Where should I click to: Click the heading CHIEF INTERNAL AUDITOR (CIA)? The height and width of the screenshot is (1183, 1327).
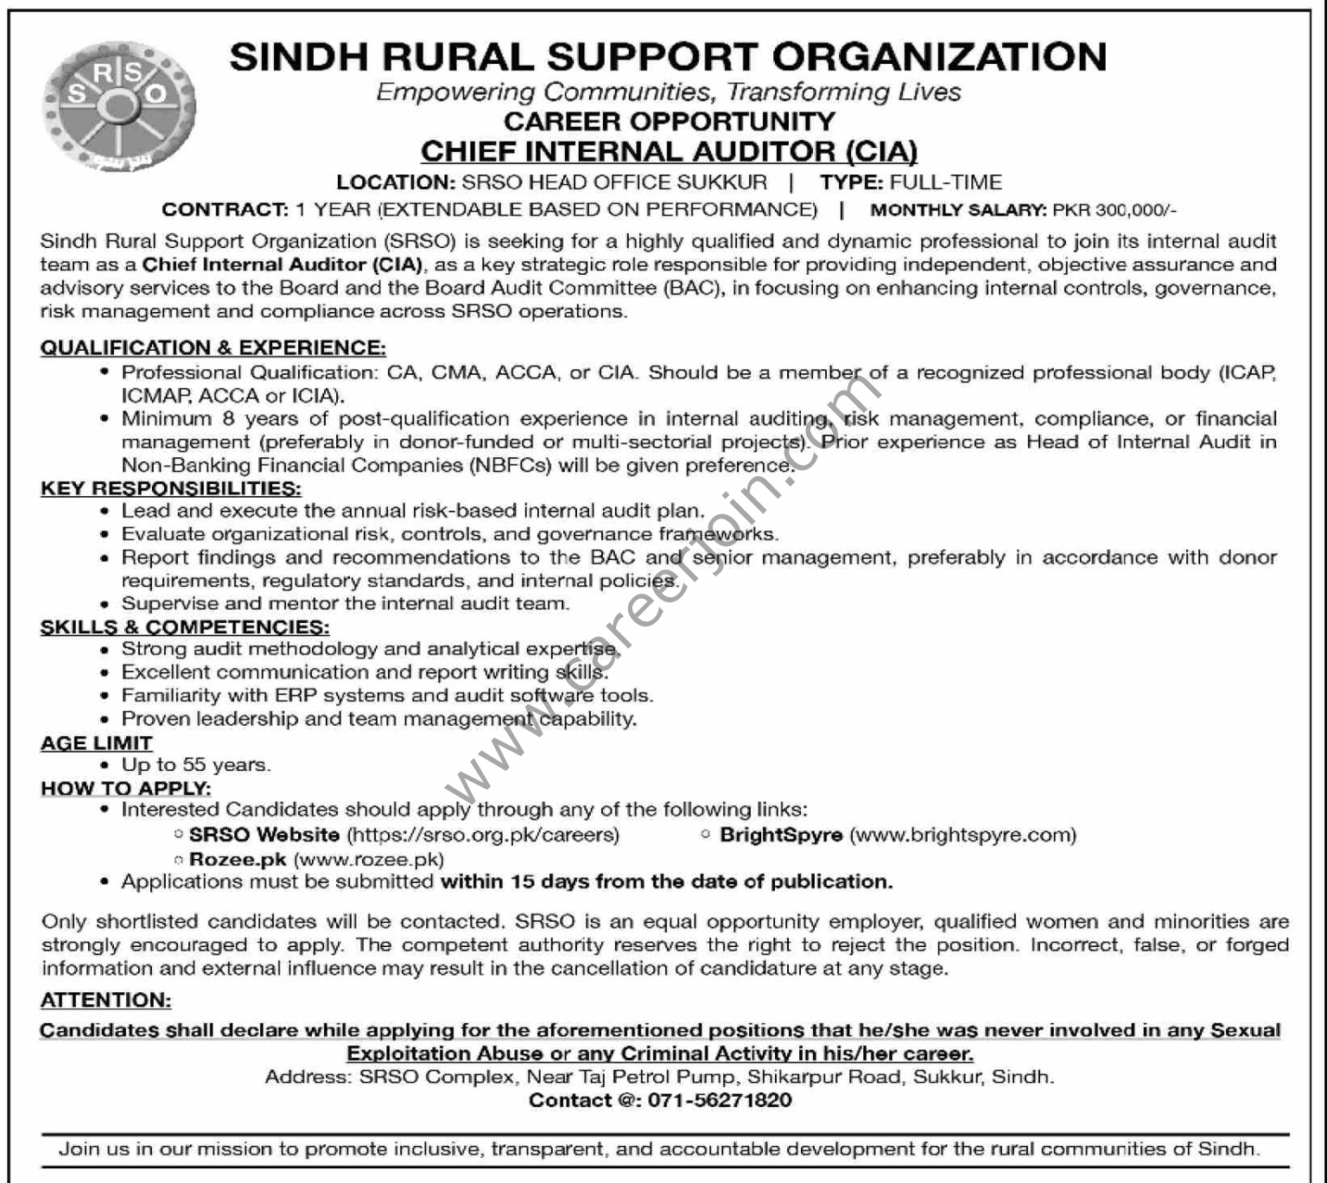click(669, 152)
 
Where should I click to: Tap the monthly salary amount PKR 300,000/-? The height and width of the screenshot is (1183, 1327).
click(1115, 210)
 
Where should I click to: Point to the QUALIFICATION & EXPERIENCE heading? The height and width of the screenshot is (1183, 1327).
click(213, 348)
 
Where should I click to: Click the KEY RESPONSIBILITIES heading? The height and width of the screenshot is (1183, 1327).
click(170, 488)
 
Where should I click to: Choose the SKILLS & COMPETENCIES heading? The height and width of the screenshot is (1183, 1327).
click(185, 627)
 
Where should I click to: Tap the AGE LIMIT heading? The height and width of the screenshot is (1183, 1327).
click(97, 743)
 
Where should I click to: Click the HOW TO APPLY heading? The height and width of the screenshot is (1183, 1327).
click(126, 788)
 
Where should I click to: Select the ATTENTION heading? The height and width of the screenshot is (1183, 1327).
click(106, 1001)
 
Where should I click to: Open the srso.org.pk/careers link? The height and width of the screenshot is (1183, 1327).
click(483, 835)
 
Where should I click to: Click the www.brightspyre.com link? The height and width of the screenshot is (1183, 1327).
click(963, 835)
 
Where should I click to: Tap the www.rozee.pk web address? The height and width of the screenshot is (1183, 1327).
click(369, 860)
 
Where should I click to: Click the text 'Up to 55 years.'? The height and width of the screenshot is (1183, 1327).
click(196, 765)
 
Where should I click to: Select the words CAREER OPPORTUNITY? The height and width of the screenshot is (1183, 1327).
click(670, 121)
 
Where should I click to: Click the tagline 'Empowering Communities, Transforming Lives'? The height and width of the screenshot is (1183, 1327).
click(669, 92)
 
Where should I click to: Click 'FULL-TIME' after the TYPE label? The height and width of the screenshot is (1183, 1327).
click(945, 182)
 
